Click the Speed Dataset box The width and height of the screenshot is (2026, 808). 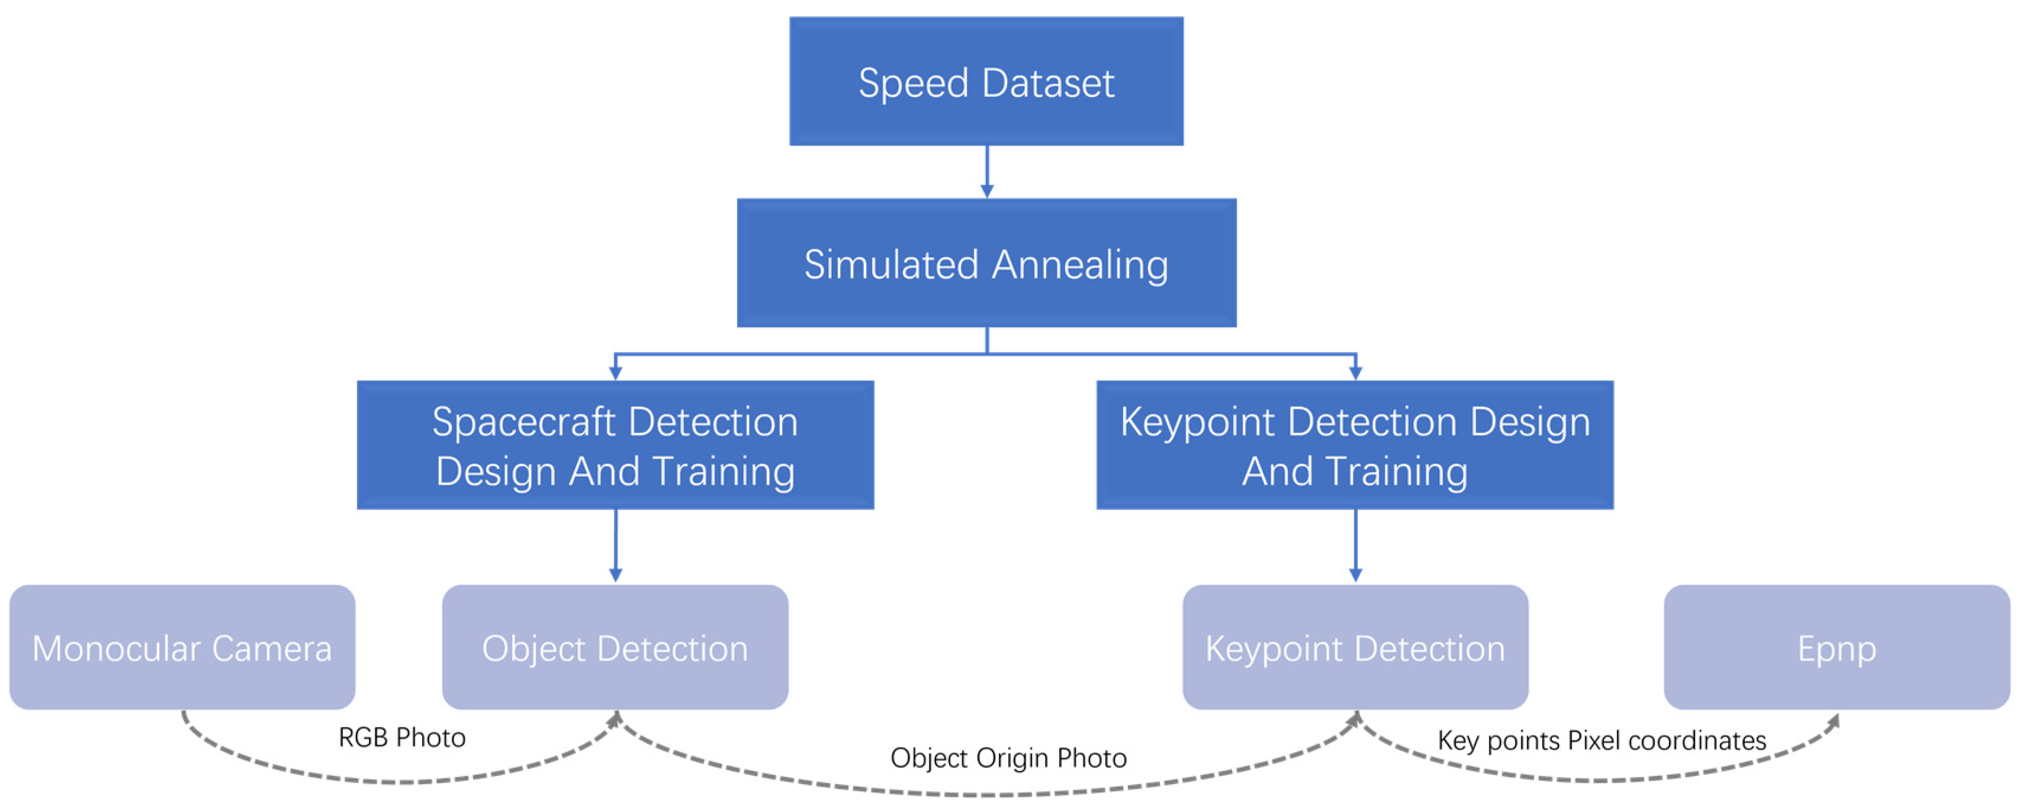tap(986, 82)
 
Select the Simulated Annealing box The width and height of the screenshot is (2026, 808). tap(986, 263)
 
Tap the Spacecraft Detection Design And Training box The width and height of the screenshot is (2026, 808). tap(615, 445)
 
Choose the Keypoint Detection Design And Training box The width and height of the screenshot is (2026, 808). tap(1355, 445)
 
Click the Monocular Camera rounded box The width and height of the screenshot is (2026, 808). tap(182, 647)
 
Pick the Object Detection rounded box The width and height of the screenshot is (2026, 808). tap(615, 647)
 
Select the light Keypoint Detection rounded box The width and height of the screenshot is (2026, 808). tap(1355, 647)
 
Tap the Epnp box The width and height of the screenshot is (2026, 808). tap(1837, 647)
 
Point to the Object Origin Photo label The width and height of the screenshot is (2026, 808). tap(1008, 758)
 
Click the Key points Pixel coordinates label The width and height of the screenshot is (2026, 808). tap(1601, 740)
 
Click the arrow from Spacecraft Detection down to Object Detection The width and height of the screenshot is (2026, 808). tap(616, 547)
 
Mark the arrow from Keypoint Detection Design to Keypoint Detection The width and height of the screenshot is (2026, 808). tap(1355, 547)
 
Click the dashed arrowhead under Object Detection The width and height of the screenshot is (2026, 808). tap(616, 719)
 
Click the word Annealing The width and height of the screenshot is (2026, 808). tap(1080, 264)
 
